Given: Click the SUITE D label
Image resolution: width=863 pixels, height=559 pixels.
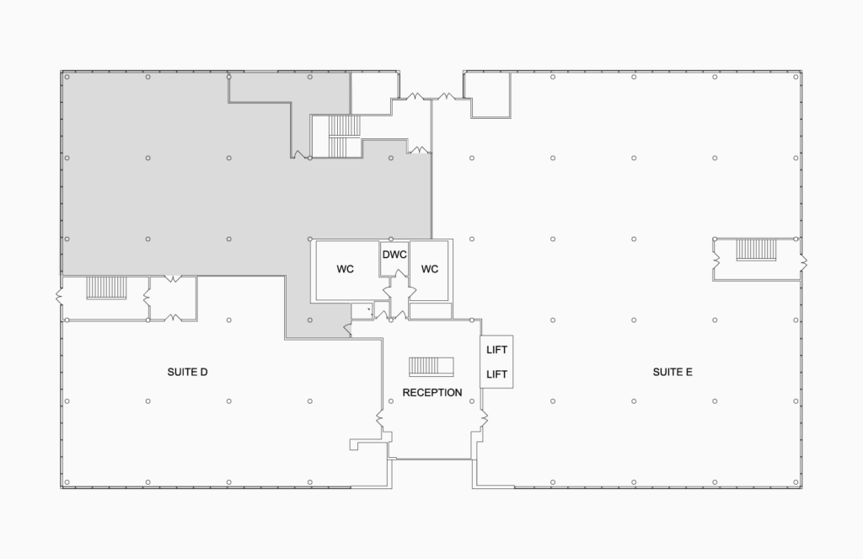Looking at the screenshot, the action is click(187, 373).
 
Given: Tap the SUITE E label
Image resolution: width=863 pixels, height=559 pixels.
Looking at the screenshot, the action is click(672, 373).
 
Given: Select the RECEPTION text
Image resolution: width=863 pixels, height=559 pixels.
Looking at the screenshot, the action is click(432, 393).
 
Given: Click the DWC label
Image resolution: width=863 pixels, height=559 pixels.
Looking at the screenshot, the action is click(394, 255).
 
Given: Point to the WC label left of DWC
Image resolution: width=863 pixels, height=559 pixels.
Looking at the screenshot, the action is click(345, 269).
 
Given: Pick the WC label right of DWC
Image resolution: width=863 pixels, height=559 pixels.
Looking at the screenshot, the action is click(429, 269).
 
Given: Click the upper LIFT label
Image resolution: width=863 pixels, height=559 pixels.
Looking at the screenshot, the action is click(496, 350).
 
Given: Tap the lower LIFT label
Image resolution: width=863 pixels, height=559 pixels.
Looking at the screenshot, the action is click(496, 374).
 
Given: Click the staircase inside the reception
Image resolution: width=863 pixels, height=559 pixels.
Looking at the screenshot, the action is click(431, 367).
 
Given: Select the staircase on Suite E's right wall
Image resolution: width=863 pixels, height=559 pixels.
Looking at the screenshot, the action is click(756, 250).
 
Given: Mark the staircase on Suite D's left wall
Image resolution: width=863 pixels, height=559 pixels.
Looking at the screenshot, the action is click(106, 288).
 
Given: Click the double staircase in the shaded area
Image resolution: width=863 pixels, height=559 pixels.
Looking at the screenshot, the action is click(345, 136).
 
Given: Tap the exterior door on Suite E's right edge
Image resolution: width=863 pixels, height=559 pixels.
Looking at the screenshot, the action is click(803, 261).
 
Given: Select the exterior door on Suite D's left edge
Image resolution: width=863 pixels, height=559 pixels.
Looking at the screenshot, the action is click(60, 298).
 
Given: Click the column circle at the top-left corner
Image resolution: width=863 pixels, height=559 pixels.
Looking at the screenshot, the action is click(67, 77).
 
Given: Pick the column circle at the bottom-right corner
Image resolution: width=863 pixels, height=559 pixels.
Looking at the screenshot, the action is click(796, 482).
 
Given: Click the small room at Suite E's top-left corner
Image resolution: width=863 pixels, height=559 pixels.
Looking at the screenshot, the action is click(490, 94).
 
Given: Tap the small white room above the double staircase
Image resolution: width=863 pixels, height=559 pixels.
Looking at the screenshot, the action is click(374, 94).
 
